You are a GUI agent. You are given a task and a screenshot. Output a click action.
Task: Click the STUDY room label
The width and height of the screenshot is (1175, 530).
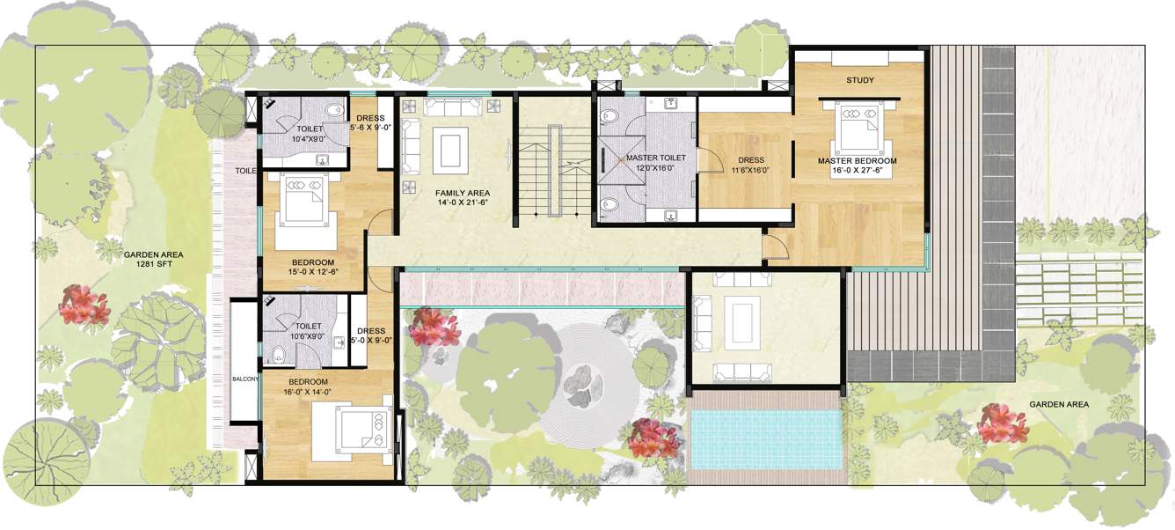[859, 81]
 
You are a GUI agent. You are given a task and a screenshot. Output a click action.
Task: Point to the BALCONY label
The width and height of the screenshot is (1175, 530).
[245, 379]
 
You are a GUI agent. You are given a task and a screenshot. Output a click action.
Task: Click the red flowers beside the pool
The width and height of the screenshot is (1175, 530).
[654, 438]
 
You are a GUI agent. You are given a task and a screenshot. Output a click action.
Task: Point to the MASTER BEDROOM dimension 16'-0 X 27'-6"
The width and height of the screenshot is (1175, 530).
[857, 172]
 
